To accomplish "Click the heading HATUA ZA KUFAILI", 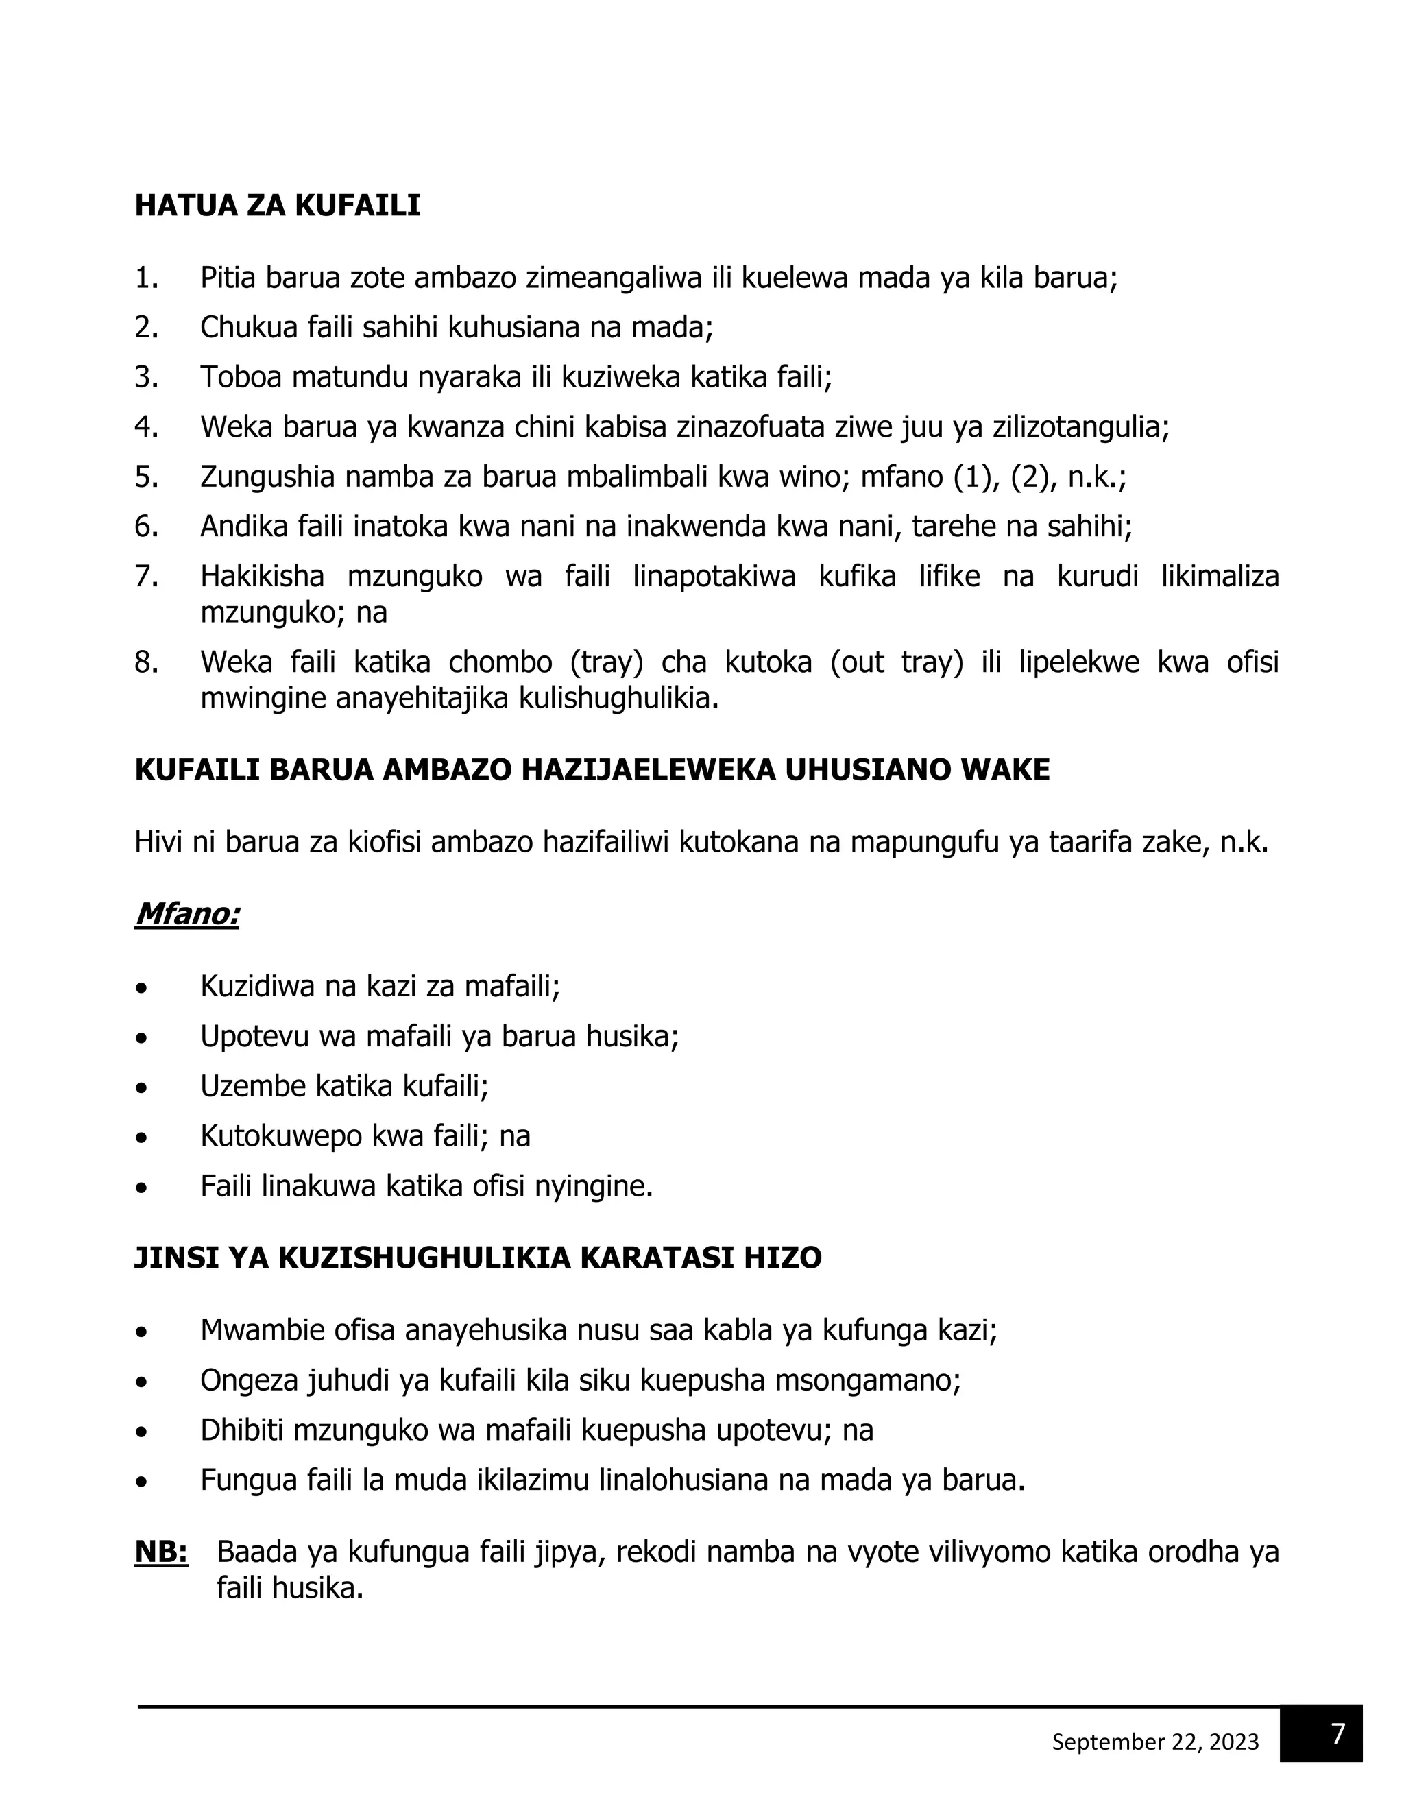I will click(x=277, y=206).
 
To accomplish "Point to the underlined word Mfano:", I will click(x=187, y=913).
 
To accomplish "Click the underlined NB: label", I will click(x=161, y=1552).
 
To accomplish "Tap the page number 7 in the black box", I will click(x=1338, y=1734).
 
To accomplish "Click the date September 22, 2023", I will click(x=1154, y=1742).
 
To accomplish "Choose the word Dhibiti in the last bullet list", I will click(x=242, y=1430).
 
